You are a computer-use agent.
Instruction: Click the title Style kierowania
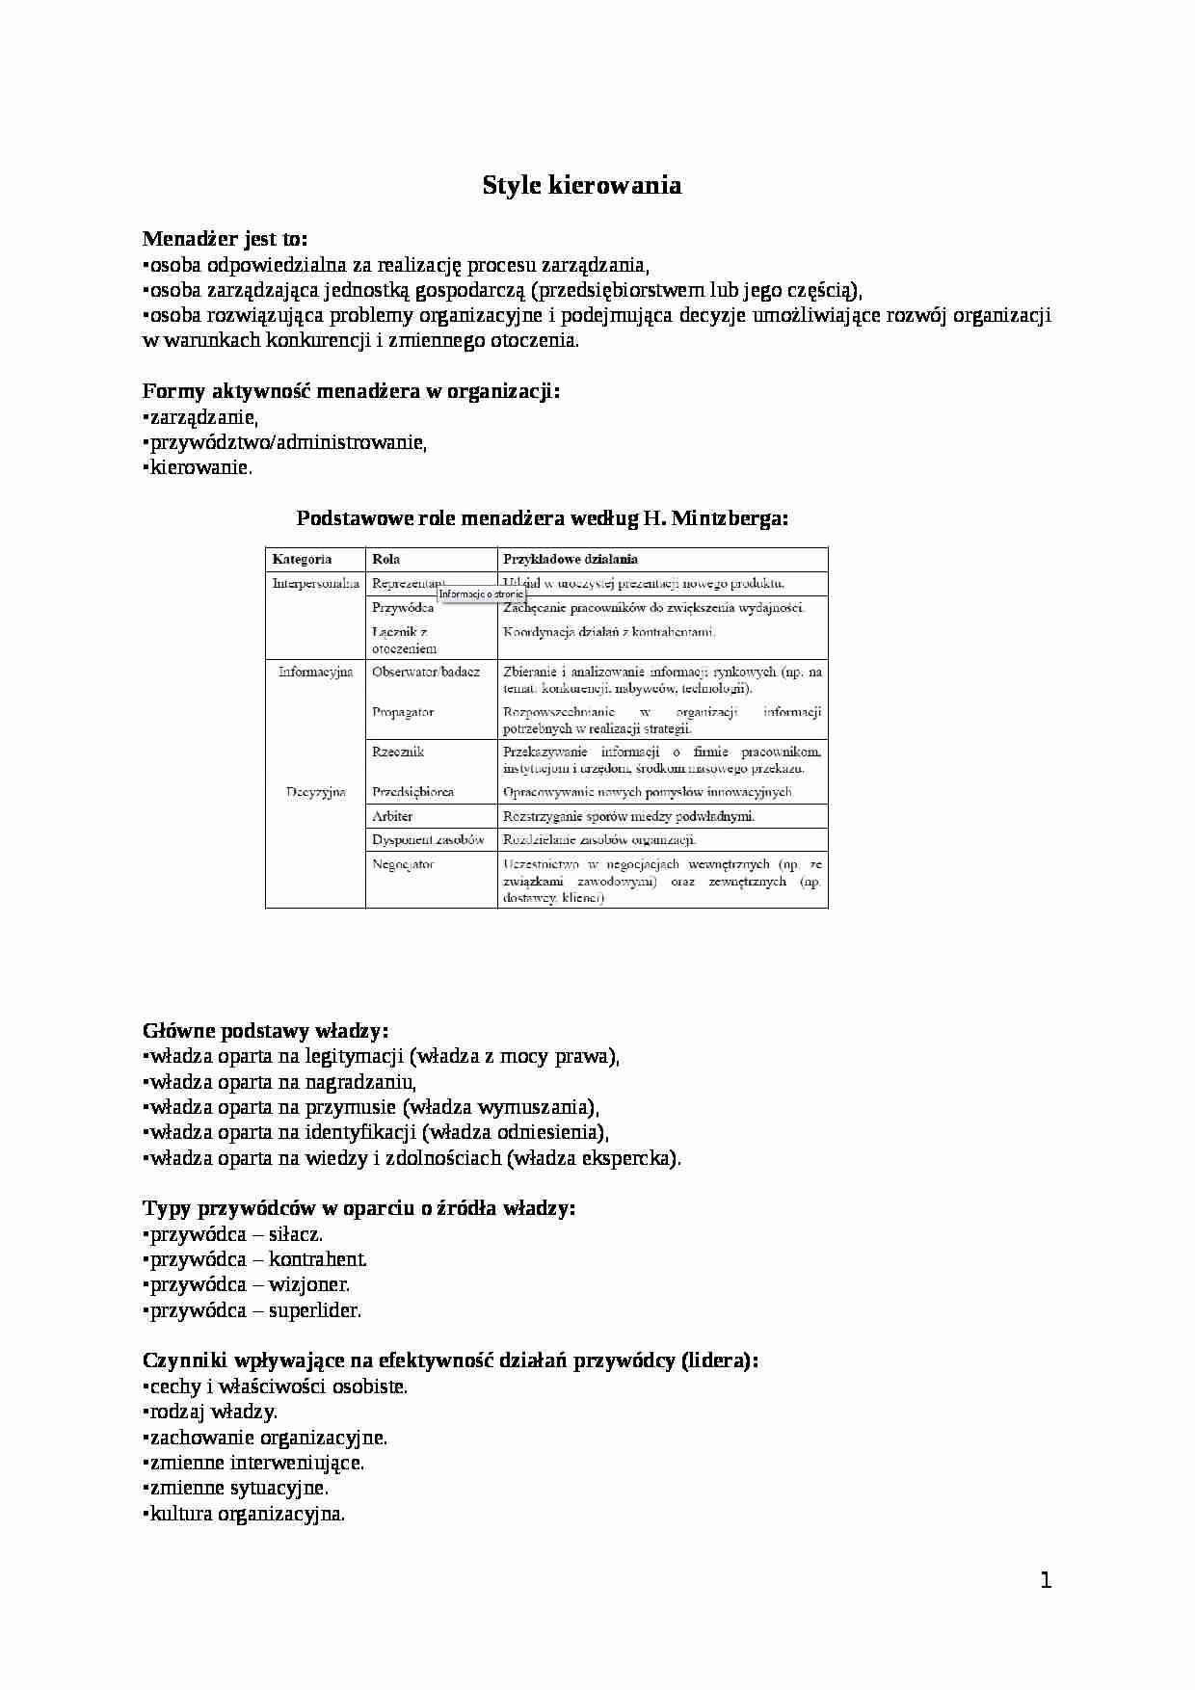(x=582, y=185)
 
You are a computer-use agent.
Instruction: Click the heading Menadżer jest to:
(x=225, y=238)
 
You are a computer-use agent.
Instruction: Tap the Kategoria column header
(x=302, y=559)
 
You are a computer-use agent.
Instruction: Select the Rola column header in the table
(x=385, y=559)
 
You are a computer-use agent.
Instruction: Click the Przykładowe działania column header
(x=570, y=559)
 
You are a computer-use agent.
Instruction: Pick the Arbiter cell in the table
(x=392, y=816)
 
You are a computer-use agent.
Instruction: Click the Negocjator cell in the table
(x=403, y=864)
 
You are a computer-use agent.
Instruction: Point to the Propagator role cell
(x=403, y=712)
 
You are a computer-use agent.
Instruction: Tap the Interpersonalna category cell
(x=316, y=583)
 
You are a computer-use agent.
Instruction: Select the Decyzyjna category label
(x=315, y=792)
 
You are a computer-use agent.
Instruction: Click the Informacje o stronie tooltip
(x=481, y=594)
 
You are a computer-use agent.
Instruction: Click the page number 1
(x=1046, y=1580)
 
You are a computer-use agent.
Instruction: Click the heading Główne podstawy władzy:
(x=266, y=1030)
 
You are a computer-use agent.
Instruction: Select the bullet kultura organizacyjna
(x=246, y=1514)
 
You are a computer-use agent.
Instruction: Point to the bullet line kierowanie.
(x=199, y=468)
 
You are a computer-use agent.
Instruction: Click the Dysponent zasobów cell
(x=428, y=840)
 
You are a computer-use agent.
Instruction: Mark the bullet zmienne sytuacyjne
(x=238, y=1488)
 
